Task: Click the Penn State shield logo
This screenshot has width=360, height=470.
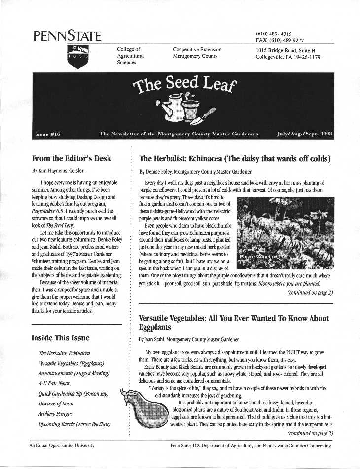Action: coord(77,55)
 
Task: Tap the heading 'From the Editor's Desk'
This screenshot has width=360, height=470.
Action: coord(72,159)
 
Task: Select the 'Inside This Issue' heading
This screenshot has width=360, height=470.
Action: coord(60,338)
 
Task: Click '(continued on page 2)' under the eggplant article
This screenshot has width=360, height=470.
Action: coord(309,433)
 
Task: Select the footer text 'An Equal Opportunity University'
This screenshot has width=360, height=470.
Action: coord(61,445)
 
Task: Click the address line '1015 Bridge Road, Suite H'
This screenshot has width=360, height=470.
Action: coord(286,50)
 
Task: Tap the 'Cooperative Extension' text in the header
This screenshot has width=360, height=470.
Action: coord(197,50)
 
